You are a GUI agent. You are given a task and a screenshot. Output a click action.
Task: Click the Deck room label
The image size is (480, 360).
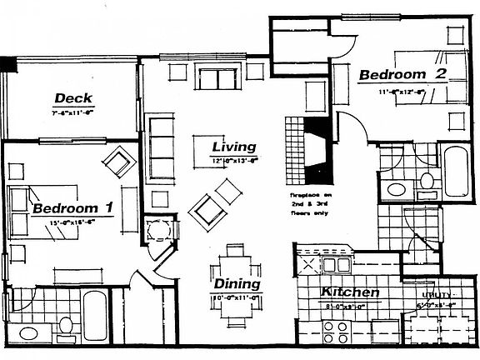point(73,98)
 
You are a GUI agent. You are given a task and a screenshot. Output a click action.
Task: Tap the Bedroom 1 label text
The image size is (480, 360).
point(72,207)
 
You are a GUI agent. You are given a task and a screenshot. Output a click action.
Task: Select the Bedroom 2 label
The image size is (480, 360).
point(402,75)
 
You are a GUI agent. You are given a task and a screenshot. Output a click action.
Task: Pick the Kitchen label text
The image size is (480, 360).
point(351,292)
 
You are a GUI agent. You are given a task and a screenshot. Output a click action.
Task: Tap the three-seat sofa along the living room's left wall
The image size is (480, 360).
point(161,149)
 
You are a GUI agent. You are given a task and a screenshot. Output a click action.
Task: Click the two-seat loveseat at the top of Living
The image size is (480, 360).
point(217,80)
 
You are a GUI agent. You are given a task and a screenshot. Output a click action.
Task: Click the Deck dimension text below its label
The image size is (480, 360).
point(72,112)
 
